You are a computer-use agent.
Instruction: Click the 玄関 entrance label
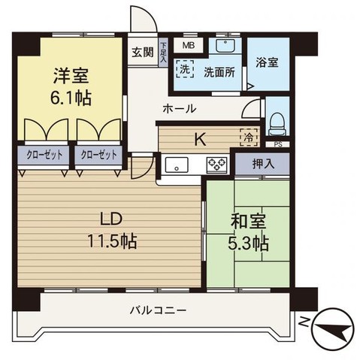click(x=142, y=53)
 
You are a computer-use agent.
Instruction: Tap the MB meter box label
click(x=188, y=45)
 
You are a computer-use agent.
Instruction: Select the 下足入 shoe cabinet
click(x=163, y=52)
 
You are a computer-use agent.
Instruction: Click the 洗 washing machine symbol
click(x=183, y=68)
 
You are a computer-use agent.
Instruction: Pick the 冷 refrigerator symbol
click(x=247, y=138)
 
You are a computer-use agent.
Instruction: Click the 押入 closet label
click(x=262, y=163)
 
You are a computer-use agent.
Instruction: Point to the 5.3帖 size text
click(x=248, y=244)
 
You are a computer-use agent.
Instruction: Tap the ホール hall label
click(x=180, y=109)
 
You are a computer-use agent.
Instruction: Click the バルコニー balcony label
click(x=157, y=310)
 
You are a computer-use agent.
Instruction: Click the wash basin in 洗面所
click(x=225, y=47)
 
